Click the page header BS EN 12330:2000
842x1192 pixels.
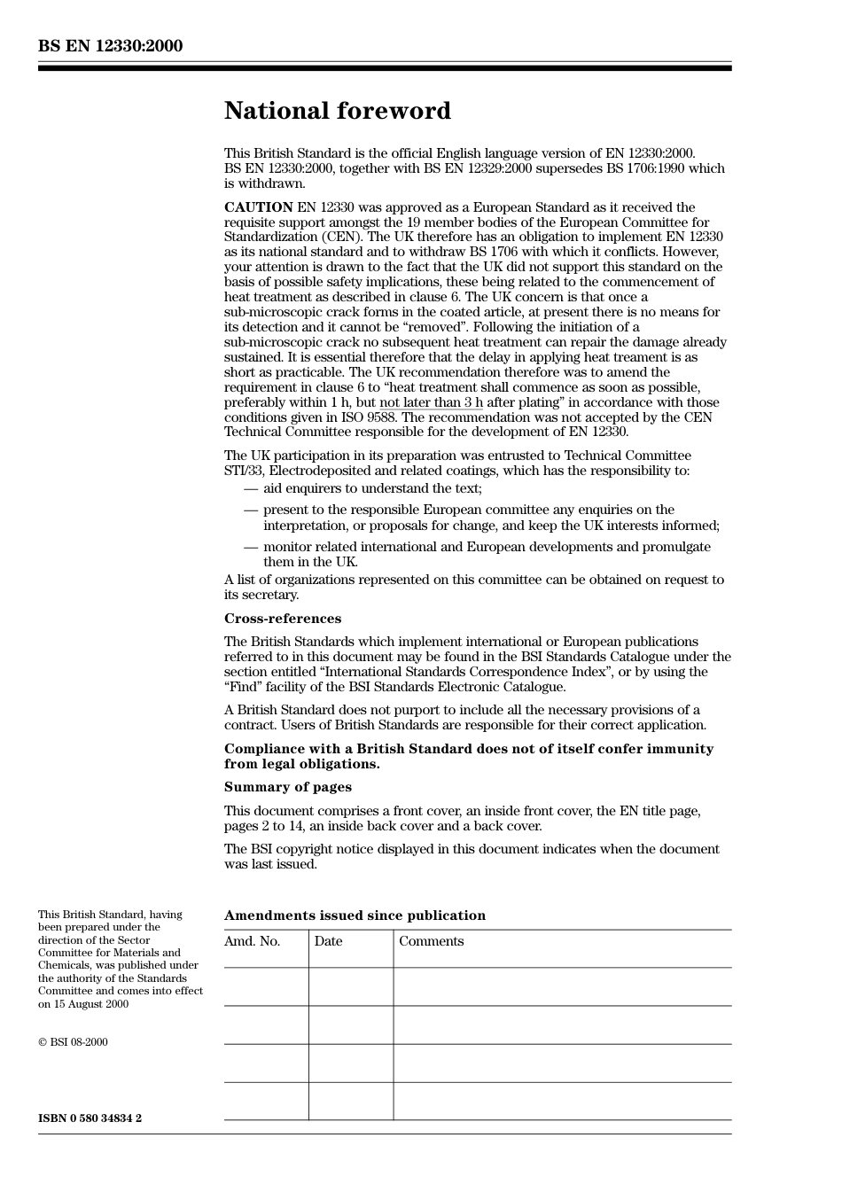[x=110, y=46]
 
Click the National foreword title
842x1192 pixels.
[x=337, y=111]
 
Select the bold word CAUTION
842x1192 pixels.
[x=258, y=207]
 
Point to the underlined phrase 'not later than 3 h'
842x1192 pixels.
[x=431, y=402]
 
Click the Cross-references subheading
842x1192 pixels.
[x=282, y=619]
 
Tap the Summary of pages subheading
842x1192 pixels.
[x=287, y=787]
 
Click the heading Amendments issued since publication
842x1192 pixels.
[x=355, y=915]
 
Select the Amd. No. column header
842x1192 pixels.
[x=252, y=941]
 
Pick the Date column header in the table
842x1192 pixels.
[x=328, y=941]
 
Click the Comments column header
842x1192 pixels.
[x=431, y=941]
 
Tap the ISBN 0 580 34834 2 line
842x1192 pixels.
[x=90, y=1118]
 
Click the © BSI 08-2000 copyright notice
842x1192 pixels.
[x=73, y=1042]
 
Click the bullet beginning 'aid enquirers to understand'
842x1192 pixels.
[x=372, y=488]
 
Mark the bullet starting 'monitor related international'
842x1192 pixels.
[x=486, y=547]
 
